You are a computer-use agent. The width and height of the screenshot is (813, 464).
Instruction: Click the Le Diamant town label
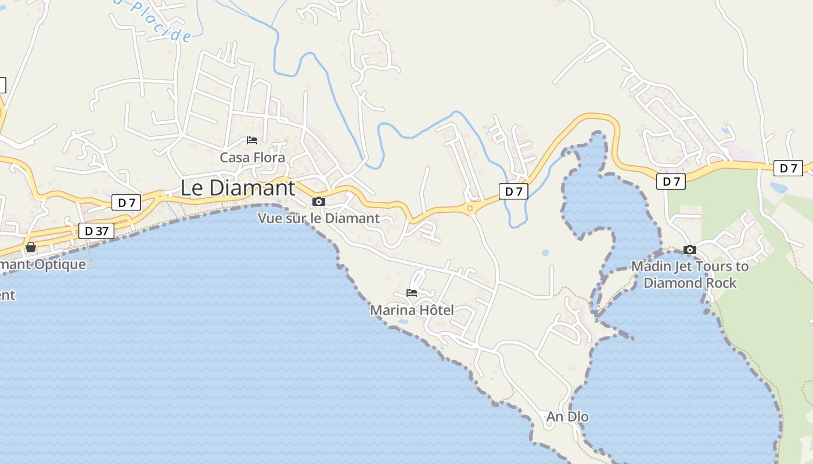pyautogui.click(x=238, y=188)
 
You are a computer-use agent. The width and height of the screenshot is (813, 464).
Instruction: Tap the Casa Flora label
pyautogui.click(x=252, y=157)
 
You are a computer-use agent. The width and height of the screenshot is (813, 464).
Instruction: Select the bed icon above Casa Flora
pyautogui.click(x=252, y=140)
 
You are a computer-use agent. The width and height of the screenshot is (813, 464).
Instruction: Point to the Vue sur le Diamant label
pyautogui.click(x=318, y=218)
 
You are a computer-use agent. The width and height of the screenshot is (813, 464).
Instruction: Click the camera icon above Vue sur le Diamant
pyautogui.click(x=318, y=201)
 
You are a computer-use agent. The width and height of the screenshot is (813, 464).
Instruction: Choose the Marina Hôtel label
pyautogui.click(x=412, y=310)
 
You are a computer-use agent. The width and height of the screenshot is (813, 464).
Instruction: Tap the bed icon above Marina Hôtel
pyautogui.click(x=412, y=293)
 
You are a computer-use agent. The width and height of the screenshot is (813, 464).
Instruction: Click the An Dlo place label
pyautogui.click(x=567, y=416)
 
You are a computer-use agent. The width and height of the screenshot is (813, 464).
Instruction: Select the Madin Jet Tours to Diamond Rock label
pyautogui.click(x=690, y=274)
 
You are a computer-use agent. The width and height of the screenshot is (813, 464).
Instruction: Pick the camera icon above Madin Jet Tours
pyautogui.click(x=690, y=249)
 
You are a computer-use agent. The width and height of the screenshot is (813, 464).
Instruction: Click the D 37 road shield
pyautogui.click(x=96, y=231)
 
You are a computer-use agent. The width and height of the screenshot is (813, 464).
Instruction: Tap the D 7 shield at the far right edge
pyautogui.click(x=788, y=168)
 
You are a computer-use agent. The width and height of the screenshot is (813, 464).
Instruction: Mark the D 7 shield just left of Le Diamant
pyautogui.click(x=127, y=202)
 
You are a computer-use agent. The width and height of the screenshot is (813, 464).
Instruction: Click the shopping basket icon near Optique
pyautogui.click(x=31, y=247)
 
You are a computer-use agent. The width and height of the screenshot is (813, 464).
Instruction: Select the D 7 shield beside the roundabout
pyautogui.click(x=513, y=191)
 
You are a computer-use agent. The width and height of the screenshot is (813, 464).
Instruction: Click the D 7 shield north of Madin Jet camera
pyautogui.click(x=671, y=182)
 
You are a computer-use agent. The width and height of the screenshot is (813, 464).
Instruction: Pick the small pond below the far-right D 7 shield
pyautogui.click(x=778, y=187)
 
